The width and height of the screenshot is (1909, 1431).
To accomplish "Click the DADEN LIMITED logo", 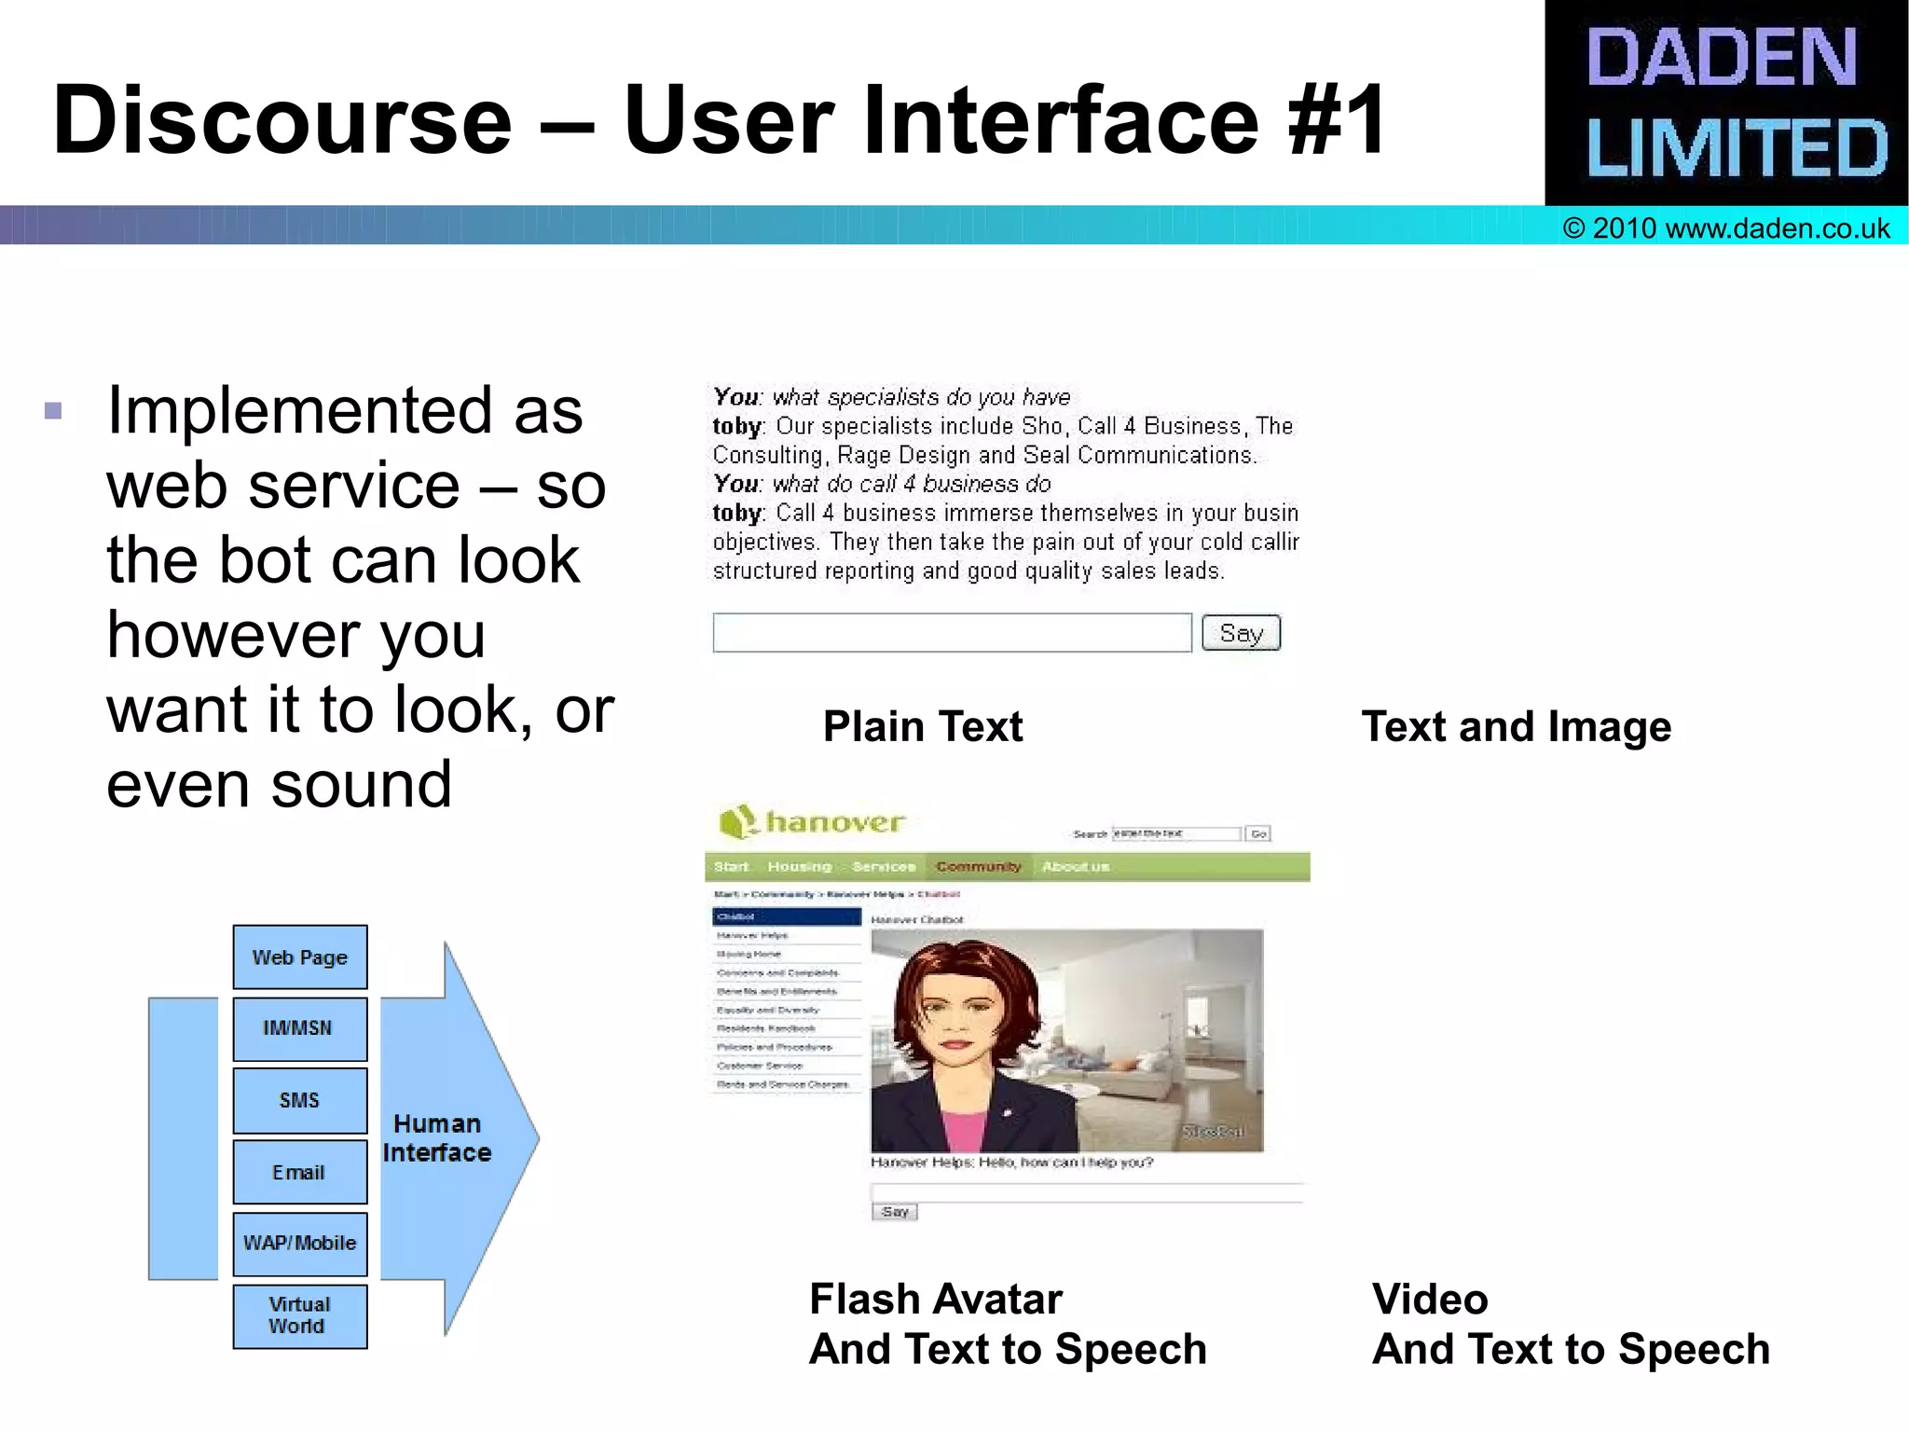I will (x=1726, y=103).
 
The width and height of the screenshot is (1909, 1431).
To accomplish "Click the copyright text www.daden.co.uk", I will (x=1726, y=228).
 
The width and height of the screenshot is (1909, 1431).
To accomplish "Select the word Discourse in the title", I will (x=282, y=121).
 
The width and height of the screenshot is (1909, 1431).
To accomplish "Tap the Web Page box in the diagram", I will (x=299, y=957).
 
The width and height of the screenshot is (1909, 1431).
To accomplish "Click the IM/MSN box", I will (x=299, y=1028).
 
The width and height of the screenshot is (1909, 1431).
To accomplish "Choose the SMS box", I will (x=299, y=1100).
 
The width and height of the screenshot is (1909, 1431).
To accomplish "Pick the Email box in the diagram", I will (x=299, y=1172).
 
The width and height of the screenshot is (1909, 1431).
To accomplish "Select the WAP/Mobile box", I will (x=299, y=1244).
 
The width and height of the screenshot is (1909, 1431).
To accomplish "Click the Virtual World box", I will (x=299, y=1315).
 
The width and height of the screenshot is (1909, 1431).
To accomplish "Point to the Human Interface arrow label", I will (x=436, y=1138).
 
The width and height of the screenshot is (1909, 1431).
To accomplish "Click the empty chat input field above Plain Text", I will (x=952, y=633).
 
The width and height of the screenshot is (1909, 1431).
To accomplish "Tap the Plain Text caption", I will (x=923, y=726).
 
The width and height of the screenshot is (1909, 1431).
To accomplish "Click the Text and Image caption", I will (x=1517, y=726).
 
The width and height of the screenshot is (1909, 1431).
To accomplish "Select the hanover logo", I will (x=812, y=822).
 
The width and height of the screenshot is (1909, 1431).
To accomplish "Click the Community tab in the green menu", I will (x=978, y=867).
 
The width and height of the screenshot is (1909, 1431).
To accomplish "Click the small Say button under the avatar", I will (x=895, y=1212).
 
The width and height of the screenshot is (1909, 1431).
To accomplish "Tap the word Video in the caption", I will (x=1430, y=1299).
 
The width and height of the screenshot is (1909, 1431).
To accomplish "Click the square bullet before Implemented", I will (x=53, y=411).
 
